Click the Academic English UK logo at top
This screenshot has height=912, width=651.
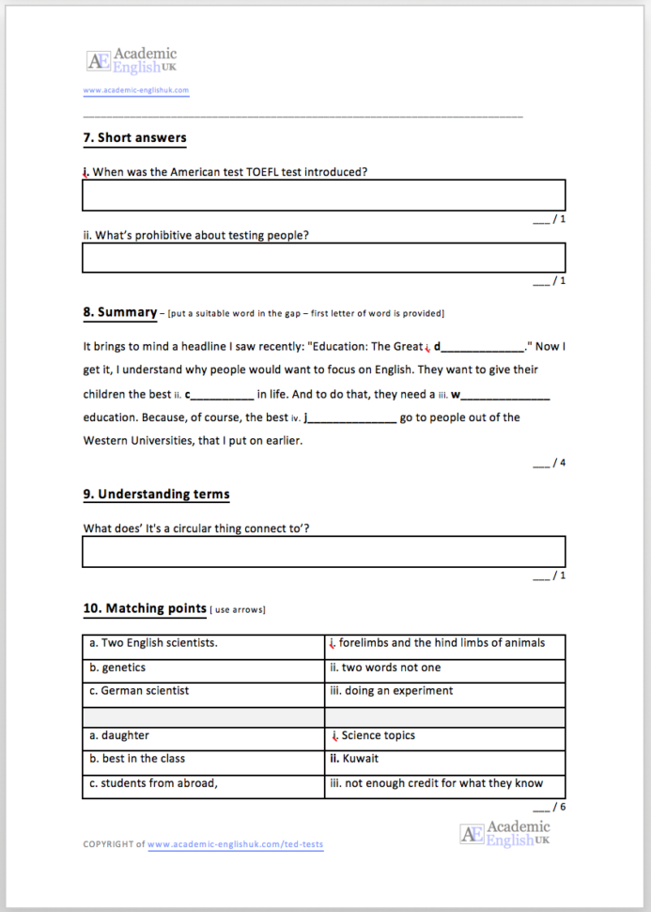tap(132, 61)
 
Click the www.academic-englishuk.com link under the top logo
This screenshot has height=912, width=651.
tap(136, 91)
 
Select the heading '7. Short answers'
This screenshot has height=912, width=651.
tap(134, 138)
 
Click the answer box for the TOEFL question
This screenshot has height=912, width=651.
tap(323, 196)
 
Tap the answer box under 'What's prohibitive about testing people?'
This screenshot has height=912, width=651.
tap(323, 258)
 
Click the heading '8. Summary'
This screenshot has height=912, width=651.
tap(120, 312)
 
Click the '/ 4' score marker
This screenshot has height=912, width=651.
tap(550, 463)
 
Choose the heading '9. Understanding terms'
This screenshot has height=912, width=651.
tap(156, 494)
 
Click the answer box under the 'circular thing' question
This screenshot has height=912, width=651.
tap(323, 552)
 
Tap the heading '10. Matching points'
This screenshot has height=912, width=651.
tap(145, 609)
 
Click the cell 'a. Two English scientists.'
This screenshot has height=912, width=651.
tap(203, 645)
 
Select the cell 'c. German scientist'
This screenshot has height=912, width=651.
tap(203, 691)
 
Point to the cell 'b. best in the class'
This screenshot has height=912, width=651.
tap(203, 759)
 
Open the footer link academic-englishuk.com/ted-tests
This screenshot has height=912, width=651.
tap(235, 844)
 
